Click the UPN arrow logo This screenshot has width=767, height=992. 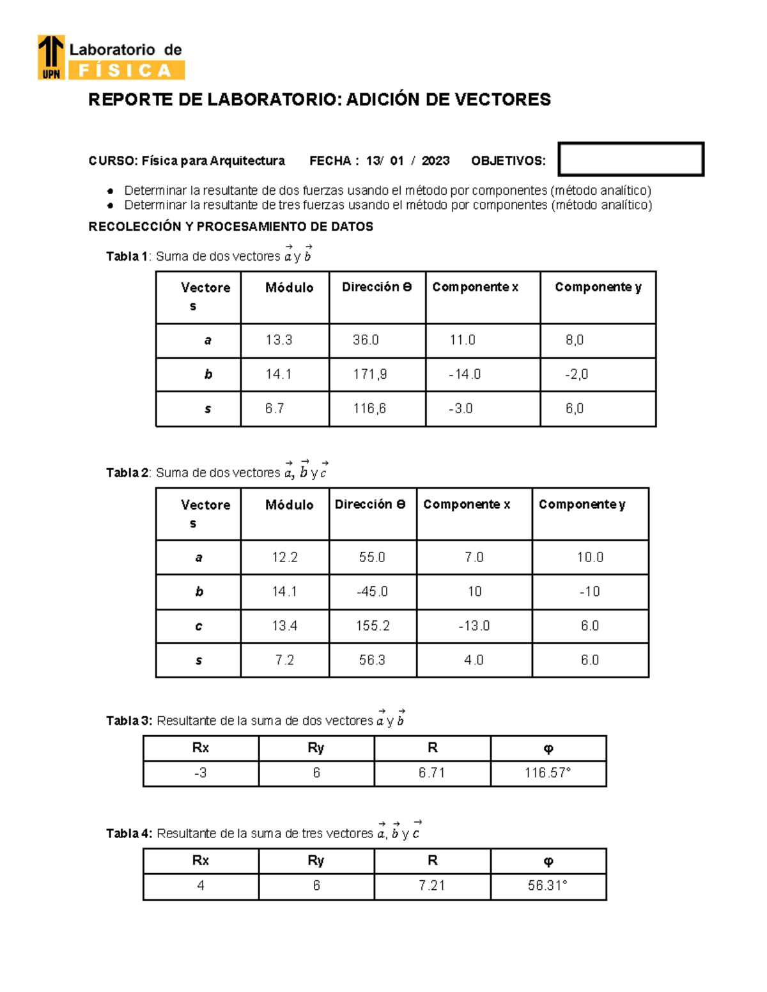tap(51, 57)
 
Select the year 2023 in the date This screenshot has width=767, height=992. tap(435, 161)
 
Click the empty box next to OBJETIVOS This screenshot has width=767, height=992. tap(630, 159)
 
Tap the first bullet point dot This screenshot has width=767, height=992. tap(111, 191)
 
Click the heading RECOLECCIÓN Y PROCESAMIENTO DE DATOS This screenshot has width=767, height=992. tap(231, 227)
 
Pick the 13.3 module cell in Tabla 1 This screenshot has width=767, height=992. tap(279, 340)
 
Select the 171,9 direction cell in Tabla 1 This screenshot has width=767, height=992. tap(370, 374)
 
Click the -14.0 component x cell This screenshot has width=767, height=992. tap(465, 374)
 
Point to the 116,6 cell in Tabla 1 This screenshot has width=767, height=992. tap(369, 409)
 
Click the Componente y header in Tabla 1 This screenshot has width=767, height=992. tap(598, 287)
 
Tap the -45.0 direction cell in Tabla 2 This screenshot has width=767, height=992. tap(372, 591)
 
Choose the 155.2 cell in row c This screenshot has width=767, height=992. tap(373, 626)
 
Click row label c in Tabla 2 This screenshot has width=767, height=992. tap(199, 626)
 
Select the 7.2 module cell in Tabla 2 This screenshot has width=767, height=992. tap(284, 660)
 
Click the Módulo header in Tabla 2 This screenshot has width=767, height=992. tap(289, 505)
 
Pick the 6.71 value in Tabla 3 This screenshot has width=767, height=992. tap(432, 773)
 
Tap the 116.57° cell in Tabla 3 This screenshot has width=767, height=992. tap(548, 773)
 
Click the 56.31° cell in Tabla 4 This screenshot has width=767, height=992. tap(548, 886)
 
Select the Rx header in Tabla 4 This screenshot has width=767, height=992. tap(201, 861)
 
